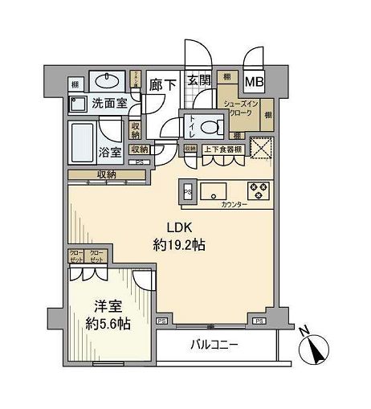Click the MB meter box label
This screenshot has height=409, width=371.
[255, 81]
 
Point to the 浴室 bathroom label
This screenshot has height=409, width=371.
[111, 150]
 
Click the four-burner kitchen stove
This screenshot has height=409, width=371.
[261, 191]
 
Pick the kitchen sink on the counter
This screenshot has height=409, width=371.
[214, 192]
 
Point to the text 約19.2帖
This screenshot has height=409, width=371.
[180, 245]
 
